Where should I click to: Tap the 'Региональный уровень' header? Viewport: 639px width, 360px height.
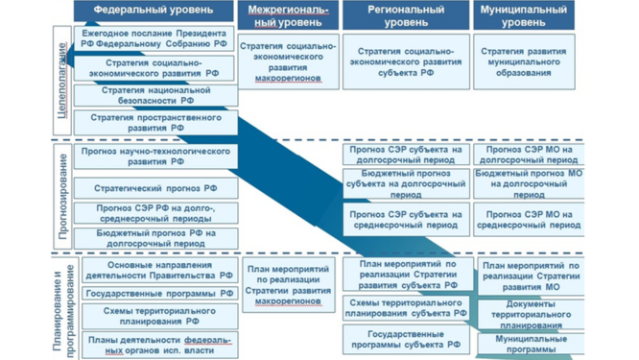(405, 15)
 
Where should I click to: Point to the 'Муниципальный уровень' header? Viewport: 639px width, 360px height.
(525, 15)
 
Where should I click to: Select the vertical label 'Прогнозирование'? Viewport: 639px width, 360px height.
(62, 193)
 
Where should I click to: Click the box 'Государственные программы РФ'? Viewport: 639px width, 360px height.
(158, 293)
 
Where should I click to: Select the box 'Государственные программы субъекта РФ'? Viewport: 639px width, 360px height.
(405, 340)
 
